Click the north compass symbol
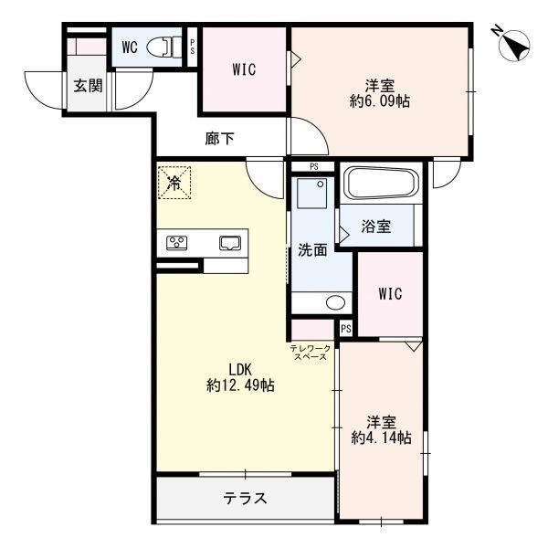pos(512,43)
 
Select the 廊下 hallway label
pos(219,139)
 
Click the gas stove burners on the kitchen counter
pos(177,243)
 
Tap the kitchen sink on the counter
pos(229,243)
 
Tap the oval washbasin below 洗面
pos(334,301)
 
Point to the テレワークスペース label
pos(310,353)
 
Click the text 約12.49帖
pos(239,386)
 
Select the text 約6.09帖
pos(379,101)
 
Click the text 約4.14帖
pos(381,438)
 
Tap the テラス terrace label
pos(245,499)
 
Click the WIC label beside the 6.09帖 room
pos(244,68)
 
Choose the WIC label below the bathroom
pos(390,295)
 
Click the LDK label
pos(239,369)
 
